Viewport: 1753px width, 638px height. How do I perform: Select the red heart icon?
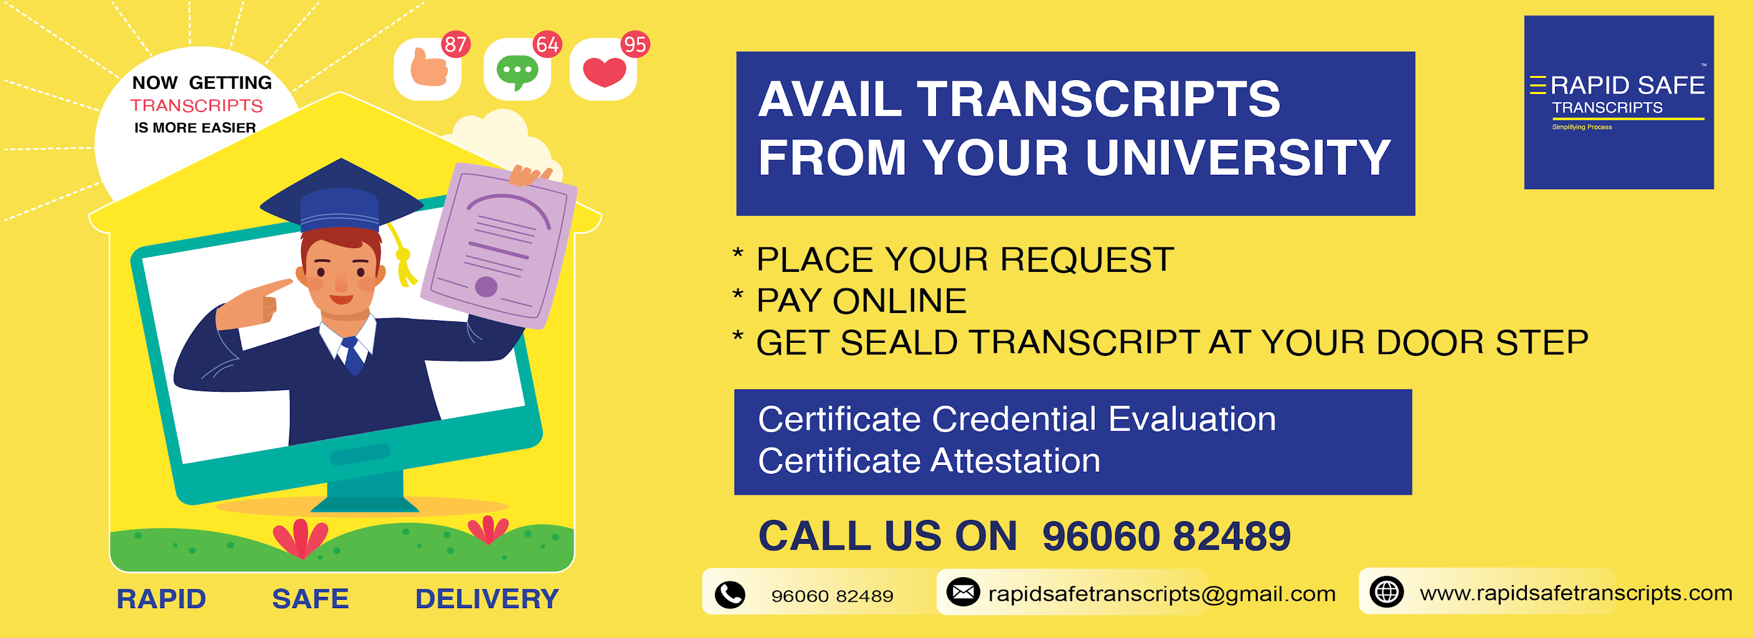tap(604, 72)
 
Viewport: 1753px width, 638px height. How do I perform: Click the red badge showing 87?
tap(455, 45)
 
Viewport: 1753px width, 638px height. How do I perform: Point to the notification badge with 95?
tap(634, 45)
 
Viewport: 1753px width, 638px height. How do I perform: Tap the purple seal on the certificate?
tap(486, 286)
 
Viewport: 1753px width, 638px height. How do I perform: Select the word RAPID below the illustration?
tap(161, 599)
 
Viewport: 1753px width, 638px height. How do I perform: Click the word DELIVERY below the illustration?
tap(486, 599)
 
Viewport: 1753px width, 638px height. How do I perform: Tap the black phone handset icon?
tap(730, 594)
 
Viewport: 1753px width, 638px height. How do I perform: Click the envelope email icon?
tap(963, 593)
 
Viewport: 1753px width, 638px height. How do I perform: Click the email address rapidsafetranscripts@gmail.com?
tap(1162, 594)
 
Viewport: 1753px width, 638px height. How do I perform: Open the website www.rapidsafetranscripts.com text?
tap(1575, 593)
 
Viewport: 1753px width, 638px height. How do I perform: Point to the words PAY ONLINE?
tap(862, 301)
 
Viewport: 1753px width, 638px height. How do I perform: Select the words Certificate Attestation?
tap(929, 460)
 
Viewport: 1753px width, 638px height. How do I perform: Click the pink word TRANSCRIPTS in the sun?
tap(197, 106)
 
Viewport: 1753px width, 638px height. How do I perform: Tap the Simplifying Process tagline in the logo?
tap(1582, 127)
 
